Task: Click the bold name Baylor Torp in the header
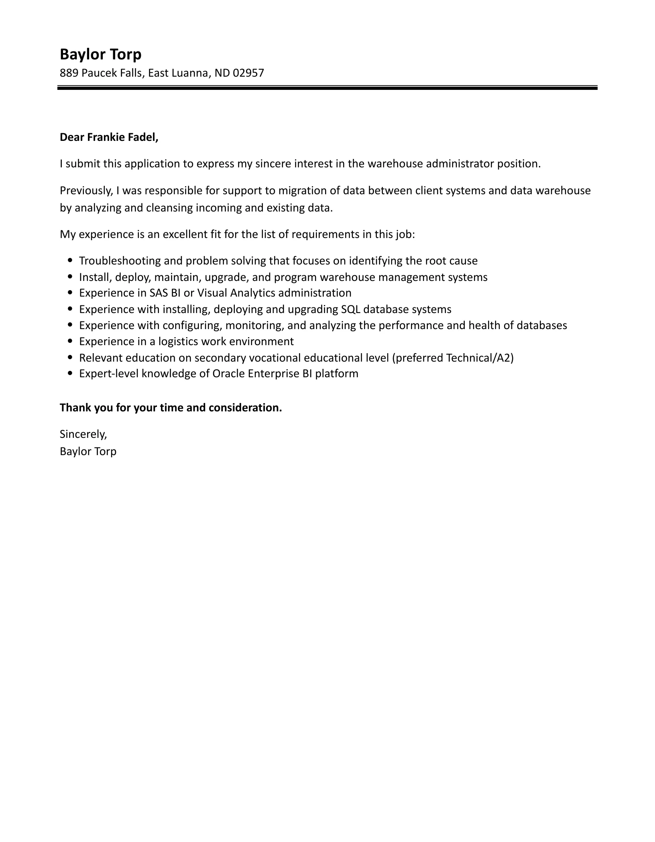[x=100, y=54]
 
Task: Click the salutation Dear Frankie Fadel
[x=109, y=137]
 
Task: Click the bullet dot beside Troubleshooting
[x=71, y=260]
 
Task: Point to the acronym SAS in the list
[x=159, y=293]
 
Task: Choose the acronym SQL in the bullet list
[x=350, y=309]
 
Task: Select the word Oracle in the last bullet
[x=228, y=374]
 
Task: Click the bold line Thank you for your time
[x=171, y=408]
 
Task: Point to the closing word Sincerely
[x=83, y=434]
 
